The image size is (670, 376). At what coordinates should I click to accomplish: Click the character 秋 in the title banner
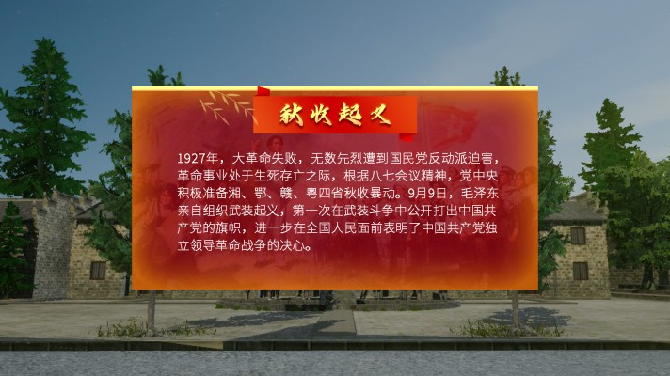coord(292,116)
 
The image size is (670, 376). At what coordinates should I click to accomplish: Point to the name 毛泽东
coord(479,193)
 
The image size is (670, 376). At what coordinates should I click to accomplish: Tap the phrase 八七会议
coord(396,176)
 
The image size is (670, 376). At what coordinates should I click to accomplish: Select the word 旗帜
coord(229,227)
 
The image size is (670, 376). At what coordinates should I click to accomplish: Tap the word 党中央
coord(479,176)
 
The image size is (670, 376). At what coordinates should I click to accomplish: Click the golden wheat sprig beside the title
coord(228,107)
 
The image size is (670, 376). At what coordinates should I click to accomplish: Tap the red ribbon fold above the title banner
coord(263,91)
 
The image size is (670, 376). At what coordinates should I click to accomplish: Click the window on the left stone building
coord(98,271)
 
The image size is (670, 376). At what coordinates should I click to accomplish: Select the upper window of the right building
coord(578,236)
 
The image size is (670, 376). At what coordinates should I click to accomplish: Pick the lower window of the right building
coord(580,271)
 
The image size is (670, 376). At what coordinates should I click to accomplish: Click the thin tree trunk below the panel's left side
coord(152,309)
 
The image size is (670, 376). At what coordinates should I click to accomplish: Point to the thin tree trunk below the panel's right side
coord(516,308)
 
